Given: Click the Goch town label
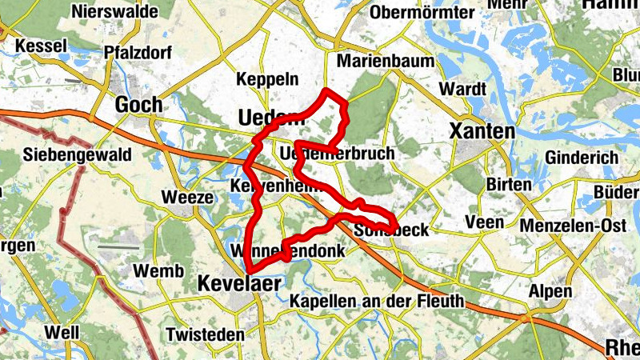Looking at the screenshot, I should [x=138, y=105].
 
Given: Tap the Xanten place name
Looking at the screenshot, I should [x=482, y=130].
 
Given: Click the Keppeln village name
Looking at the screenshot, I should [x=268, y=79].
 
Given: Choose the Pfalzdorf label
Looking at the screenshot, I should [x=134, y=53].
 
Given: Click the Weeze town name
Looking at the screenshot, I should [x=187, y=197].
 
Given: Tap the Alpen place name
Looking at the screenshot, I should [x=550, y=290].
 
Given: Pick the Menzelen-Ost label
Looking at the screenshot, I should [x=573, y=226].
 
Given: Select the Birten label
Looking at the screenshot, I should [x=509, y=185].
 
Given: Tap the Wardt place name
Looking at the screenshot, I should [x=463, y=87].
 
